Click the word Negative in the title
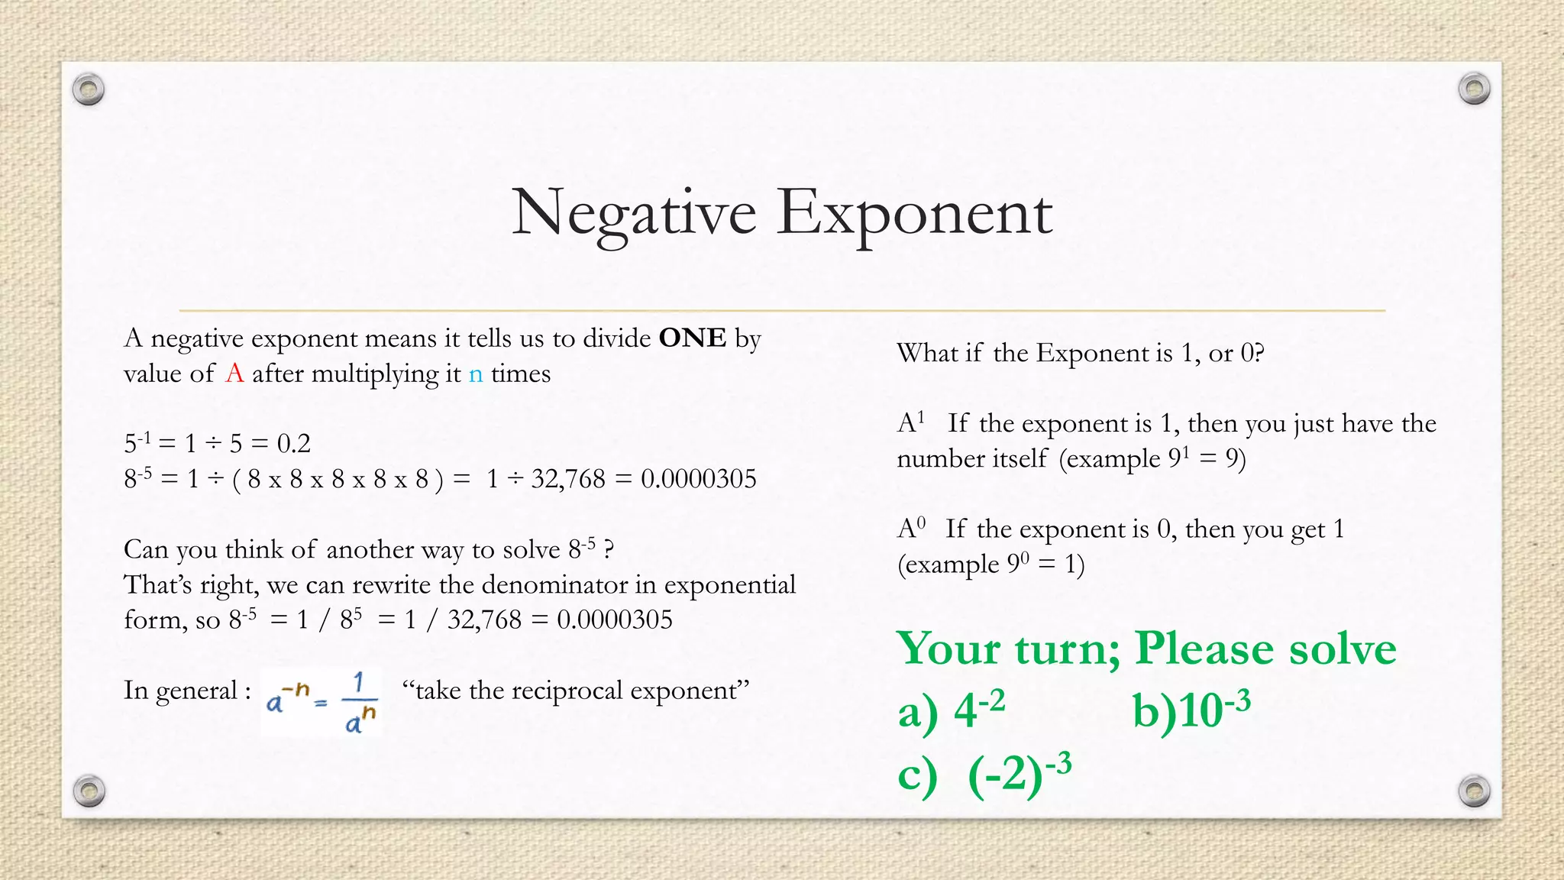tap(634, 214)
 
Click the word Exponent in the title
tap(914, 214)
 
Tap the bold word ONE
tap(692, 338)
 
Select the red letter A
tap(234, 374)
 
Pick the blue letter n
tap(476, 374)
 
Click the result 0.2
tap(293, 443)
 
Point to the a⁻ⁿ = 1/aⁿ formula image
tap(322, 701)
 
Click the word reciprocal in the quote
tap(568, 691)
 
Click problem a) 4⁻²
tap(952, 710)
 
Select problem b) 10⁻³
tap(1191, 710)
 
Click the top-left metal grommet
tap(89, 90)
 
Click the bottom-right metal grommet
tap(1474, 791)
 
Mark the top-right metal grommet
tap(1474, 89)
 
